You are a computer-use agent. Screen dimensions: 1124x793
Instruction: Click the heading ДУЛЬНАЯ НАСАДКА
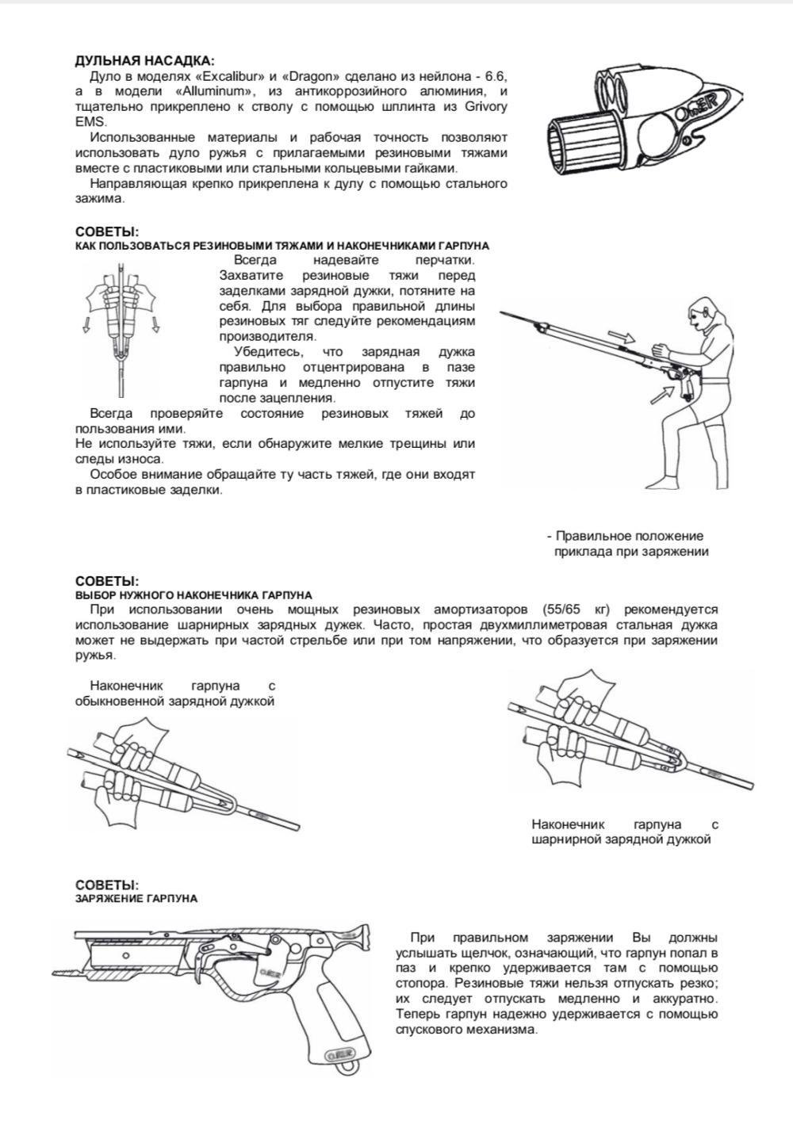(x=144, y=61)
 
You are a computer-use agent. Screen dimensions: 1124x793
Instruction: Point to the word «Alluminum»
(x=214, y=92)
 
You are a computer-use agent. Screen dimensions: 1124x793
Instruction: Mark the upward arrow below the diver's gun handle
(x=660, y=394)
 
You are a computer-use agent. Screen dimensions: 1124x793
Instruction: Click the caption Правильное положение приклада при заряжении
(x=630, y=544)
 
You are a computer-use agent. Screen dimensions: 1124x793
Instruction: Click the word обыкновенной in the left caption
(x=121, y=702)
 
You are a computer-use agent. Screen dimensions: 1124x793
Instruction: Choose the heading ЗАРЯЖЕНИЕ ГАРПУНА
(x=136, y=898)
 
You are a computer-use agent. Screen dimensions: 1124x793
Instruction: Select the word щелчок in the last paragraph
(x=481, y=954)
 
